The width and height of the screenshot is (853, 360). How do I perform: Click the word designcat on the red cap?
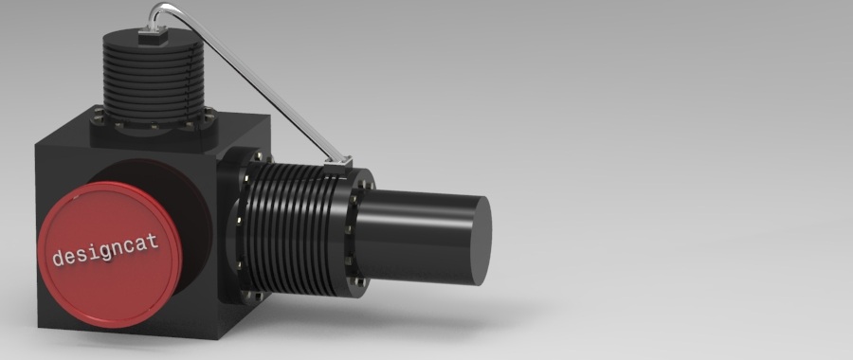point(105,249)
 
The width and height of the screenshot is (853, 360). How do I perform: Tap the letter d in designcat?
point(58,258)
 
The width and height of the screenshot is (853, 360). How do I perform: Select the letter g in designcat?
point(106,252)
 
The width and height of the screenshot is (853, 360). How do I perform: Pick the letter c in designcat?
point(131,245)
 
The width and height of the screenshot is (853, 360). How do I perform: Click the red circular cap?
point(109,255)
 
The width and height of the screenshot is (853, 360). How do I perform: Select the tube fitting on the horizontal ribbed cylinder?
point(338,165)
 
